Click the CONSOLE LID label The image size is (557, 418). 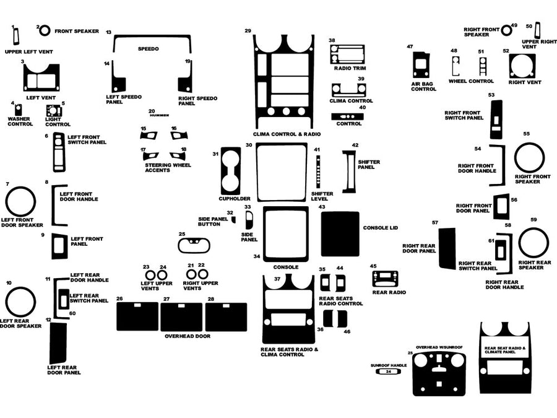[x=380, y=228]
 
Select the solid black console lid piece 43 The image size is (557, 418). [x=340, y=233]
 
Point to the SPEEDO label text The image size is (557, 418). [x=148, y=48]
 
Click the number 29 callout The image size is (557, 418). [x=248, y=30]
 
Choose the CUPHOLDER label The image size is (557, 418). [x=234, y=199]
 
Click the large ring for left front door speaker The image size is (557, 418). [x=20, y=202]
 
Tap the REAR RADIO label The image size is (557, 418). [x=389, y=292]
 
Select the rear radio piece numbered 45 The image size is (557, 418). [x=389, y=278]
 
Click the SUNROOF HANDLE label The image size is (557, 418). [x=389, y=365]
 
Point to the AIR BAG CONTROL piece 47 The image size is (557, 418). [x=421, y=64]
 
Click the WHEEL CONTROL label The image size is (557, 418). [x=471, y=81]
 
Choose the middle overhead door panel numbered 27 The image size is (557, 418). [x=181, y=316]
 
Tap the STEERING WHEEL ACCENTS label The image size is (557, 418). [x=168, y=168]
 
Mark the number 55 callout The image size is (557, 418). [x=526, y=134]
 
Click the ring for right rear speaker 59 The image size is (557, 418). [x=533, y=243]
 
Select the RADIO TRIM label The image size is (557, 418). [x=347, y=68]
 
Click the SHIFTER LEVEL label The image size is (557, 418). [x=322, y=196]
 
